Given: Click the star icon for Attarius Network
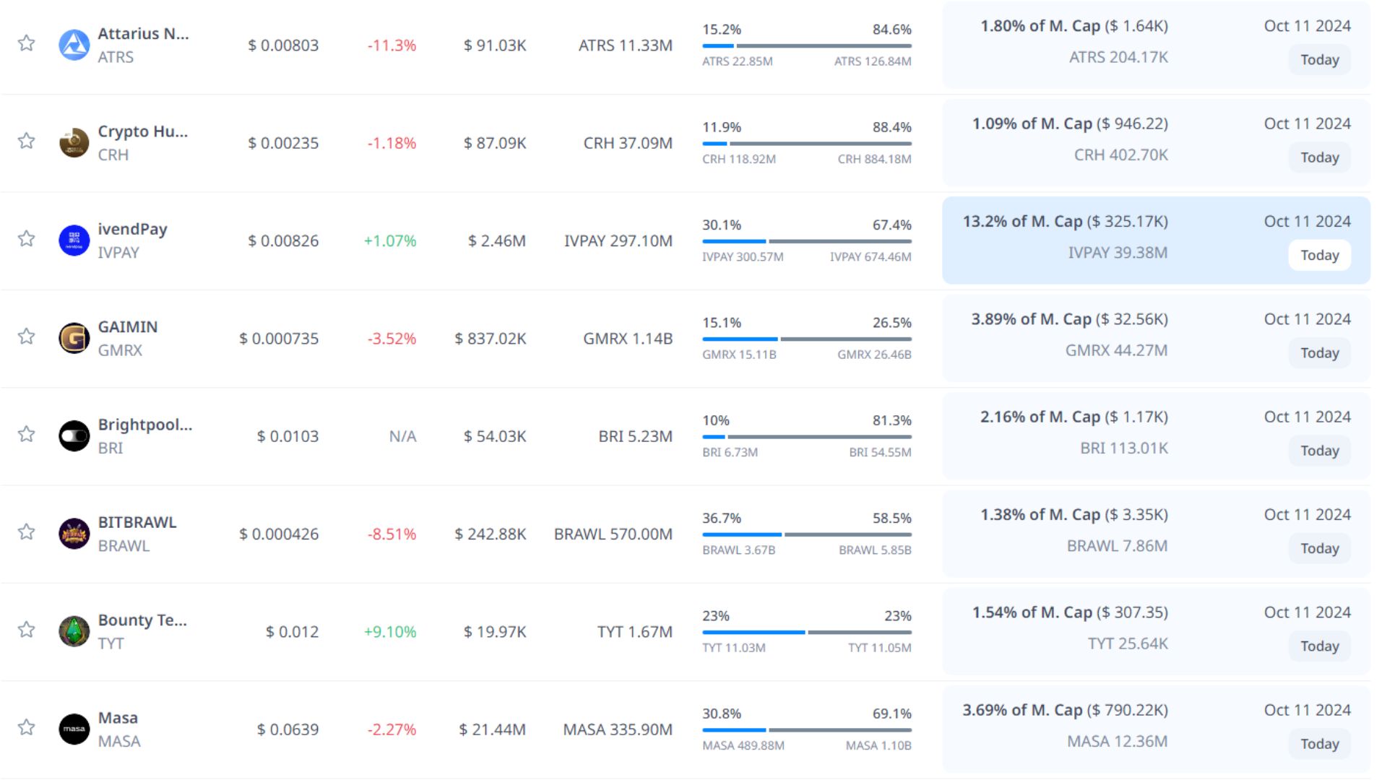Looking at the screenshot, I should coord(27,43).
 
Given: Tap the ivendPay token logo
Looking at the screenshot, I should coord(74,240).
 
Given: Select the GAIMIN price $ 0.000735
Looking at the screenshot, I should coord(279,339).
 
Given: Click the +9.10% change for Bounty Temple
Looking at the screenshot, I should coord(390,632).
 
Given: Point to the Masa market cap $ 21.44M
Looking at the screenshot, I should coord(492,729).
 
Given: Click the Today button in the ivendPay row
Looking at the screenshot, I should coord(1319,255).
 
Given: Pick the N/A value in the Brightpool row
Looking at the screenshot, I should coord(402,436).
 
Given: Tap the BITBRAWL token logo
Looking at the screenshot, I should coord(74,534).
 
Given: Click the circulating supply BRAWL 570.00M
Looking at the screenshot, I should coord(613,534).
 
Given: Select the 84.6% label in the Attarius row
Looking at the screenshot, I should coord(891,30).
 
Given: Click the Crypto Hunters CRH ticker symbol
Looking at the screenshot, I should coord(113,155).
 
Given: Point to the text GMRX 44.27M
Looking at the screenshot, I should coord(1116,350).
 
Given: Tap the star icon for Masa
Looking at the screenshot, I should coord(27,727).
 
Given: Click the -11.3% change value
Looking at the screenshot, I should coord(392,45).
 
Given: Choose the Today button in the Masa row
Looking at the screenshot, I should coord(1319,744).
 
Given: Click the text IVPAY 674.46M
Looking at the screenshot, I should coord(870,257).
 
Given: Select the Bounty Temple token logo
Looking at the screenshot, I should coord(74,632).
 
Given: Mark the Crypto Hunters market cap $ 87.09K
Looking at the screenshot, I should coord(495,143).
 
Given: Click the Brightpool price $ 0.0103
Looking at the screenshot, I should coord(288,436).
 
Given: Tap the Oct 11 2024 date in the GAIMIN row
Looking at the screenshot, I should coord(1307,319).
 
